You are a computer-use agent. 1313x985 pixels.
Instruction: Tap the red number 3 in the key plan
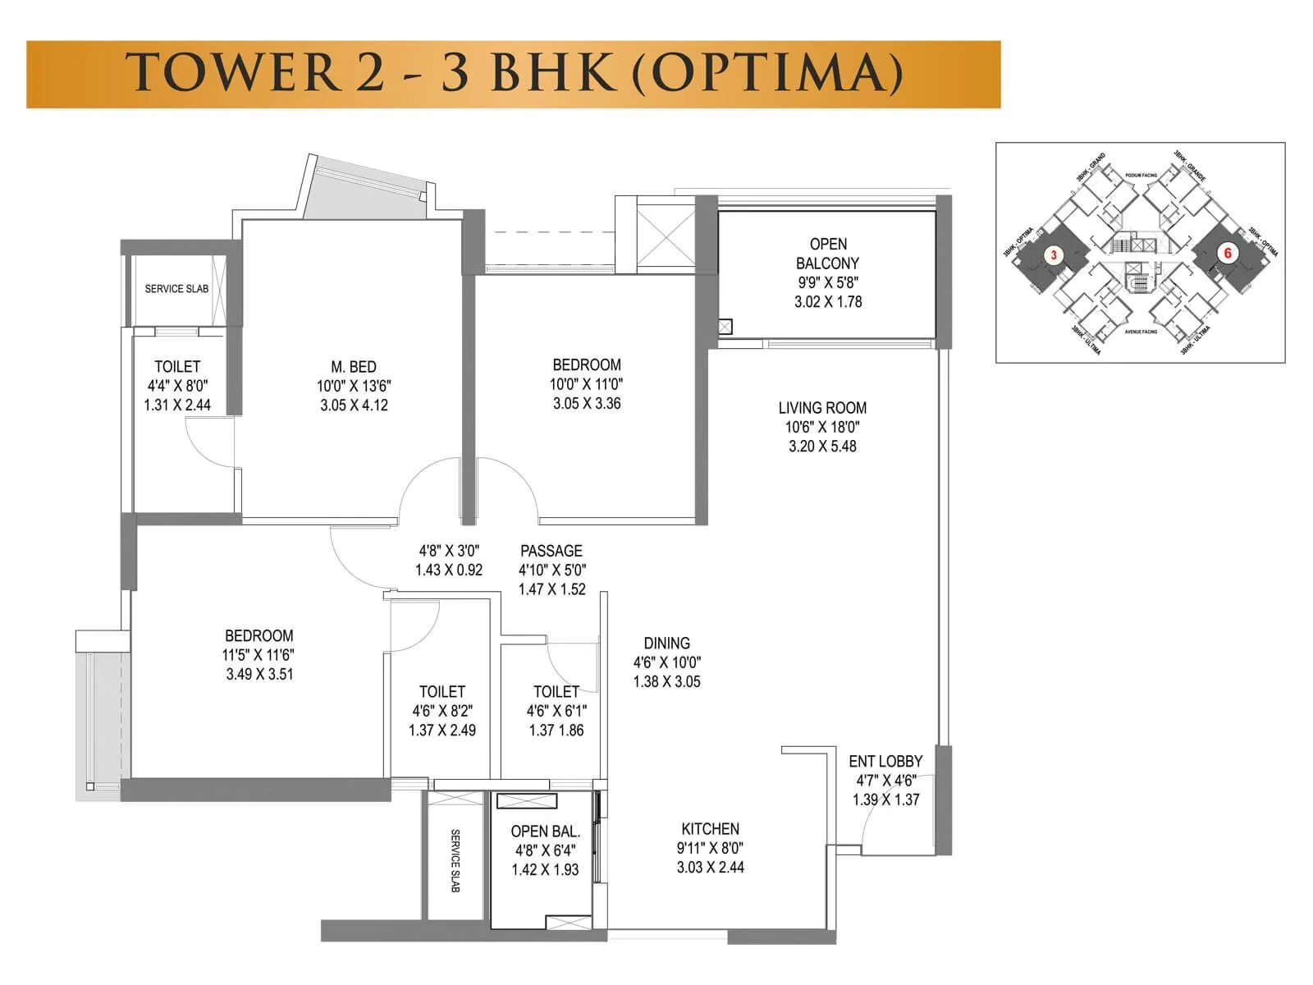tap(1054, 255)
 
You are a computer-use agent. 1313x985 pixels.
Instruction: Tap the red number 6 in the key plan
tap(1228, 253)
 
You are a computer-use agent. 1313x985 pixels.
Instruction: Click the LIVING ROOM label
tap(822, 408)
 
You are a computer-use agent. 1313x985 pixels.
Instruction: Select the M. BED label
tap(354, 367)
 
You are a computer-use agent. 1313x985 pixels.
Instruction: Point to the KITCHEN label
tap(710, 829)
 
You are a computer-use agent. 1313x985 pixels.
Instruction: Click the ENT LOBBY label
tap(885, 762)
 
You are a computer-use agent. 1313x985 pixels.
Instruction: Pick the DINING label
tap(666, 644)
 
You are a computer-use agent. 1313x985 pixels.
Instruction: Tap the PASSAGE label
tap(551, 551)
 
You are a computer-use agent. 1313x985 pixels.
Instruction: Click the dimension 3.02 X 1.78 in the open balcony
tap(828, 302)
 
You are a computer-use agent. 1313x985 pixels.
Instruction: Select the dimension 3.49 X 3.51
tap(259, 675)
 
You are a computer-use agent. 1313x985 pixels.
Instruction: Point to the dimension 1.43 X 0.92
tap(449, 570)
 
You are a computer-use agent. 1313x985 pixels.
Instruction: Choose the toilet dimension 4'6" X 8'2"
tap(442, 711)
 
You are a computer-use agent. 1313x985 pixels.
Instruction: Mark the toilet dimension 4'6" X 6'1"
tap(556, 711)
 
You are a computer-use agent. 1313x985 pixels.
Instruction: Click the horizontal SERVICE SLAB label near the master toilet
tap(176, 289)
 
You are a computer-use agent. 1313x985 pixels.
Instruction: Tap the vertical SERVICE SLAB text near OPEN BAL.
tap(455, 860)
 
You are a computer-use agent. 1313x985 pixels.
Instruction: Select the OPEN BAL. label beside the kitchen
tap(545, 832)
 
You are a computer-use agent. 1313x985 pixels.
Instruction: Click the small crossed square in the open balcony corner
tap(725, 327)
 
